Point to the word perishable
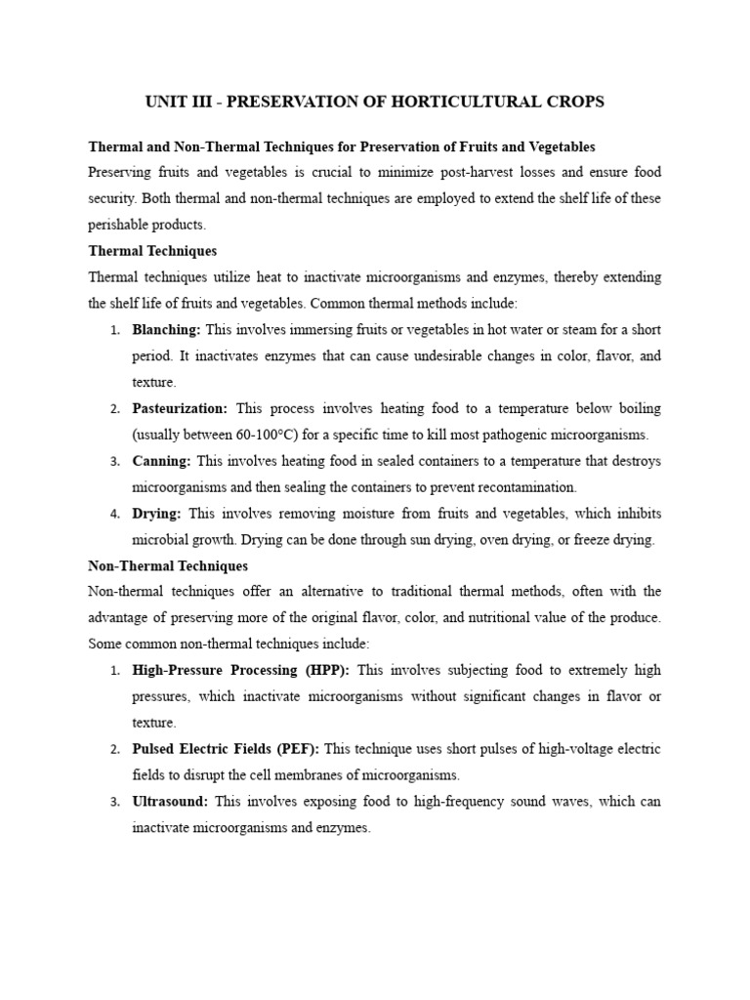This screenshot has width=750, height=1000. pos(120,225)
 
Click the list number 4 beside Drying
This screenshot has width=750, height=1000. pos(114,514)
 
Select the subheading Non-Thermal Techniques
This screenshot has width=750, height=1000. pos(168,566)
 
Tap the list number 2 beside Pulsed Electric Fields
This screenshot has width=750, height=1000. pos(114,750)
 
